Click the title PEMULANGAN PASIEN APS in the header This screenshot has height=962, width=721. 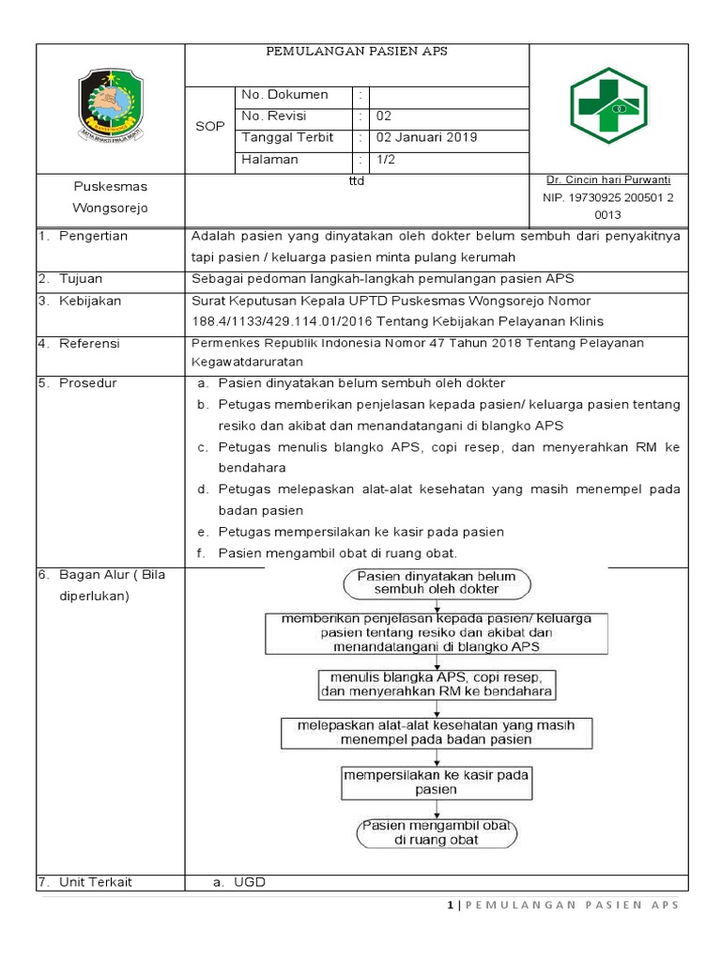point(356,52)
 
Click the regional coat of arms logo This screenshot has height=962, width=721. point(110,104)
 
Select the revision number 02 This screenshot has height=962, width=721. point(384,116)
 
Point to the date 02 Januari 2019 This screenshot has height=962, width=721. point(426,137)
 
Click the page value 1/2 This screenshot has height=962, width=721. point(387,159)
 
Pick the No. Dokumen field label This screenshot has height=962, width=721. point(284,94)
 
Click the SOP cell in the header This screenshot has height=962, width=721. point(210,127)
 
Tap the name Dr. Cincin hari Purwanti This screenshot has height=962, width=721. point(608,179)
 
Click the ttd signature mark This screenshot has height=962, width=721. point(356,181)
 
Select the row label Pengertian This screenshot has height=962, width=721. point(93,236)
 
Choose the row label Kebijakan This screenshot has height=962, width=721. point(90,301)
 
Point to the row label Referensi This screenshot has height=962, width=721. point(89,344)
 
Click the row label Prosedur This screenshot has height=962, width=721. point(88,382)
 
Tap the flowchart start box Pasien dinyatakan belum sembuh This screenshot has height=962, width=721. point(437,582)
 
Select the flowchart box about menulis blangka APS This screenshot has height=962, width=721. point(437,683)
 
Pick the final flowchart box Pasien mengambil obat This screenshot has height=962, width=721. point(437,831)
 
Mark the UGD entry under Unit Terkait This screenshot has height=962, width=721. point(250,882)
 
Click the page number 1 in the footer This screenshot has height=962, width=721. point(451,905)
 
